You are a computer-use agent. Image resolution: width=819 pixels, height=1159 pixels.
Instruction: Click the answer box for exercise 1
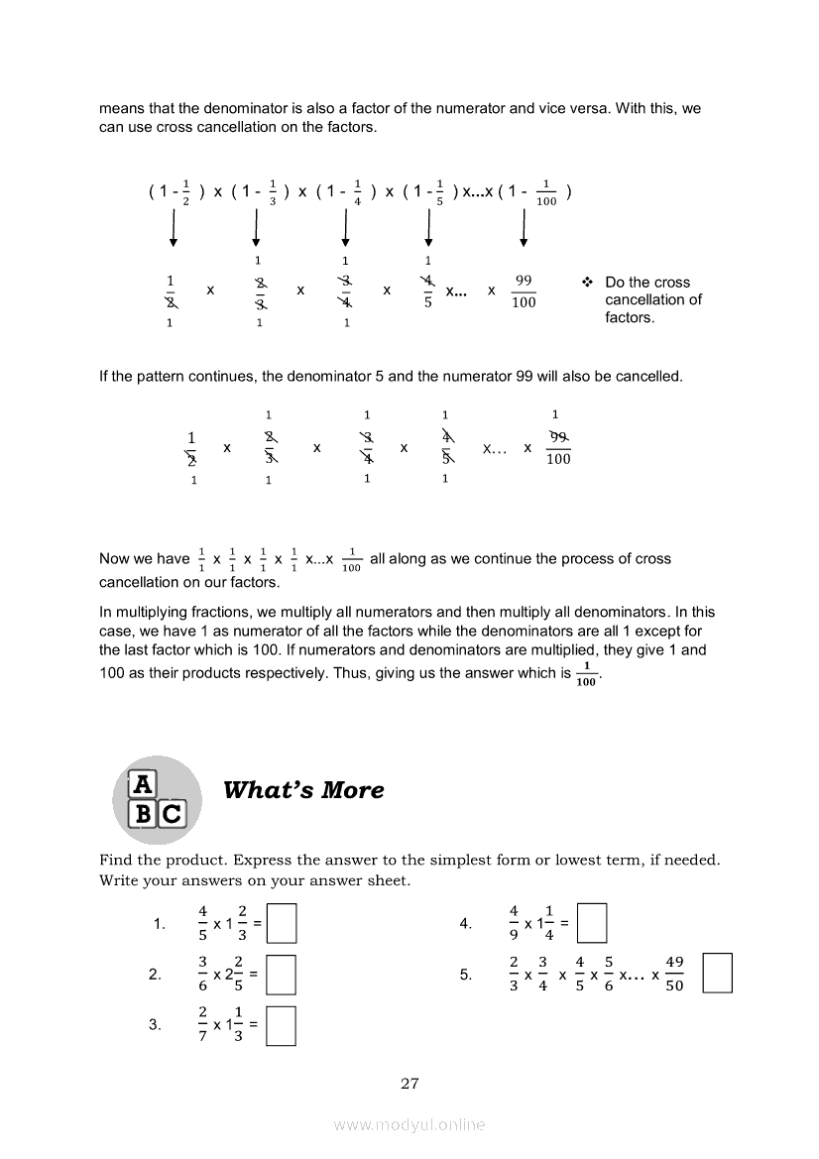(283, 923)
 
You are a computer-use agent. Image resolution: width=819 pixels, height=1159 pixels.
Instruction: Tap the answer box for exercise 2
(283, 974)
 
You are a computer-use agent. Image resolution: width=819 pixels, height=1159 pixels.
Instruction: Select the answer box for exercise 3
(283, 1025)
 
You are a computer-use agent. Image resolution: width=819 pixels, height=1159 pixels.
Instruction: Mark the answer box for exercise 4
(592, 923)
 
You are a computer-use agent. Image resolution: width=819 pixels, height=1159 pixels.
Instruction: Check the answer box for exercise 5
(717, 973)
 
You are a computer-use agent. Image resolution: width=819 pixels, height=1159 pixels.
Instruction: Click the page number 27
(409, 1084)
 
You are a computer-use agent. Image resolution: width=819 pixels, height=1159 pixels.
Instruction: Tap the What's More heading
(303, 790)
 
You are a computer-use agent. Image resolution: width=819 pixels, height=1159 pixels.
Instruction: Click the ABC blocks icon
(158, 799)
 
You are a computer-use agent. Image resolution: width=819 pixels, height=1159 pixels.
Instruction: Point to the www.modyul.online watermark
(409, 1124)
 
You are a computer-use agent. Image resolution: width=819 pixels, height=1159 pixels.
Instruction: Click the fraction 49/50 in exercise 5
(674, 974)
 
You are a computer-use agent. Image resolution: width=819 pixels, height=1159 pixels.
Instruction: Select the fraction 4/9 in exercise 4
(514, 923)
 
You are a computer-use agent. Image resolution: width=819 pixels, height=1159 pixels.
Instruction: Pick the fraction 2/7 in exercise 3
(203, 1025)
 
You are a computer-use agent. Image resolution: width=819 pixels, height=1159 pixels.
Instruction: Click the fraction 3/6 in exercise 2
(203, 974)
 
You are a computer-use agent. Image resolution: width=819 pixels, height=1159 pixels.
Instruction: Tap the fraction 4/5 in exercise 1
(203, 923)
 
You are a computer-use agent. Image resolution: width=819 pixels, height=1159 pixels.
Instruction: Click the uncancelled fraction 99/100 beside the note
(524, 291)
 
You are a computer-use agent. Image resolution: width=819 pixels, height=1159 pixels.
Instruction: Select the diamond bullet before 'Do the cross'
(587, 283)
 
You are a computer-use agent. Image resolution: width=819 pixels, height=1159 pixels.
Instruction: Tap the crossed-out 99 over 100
(558, 448)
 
